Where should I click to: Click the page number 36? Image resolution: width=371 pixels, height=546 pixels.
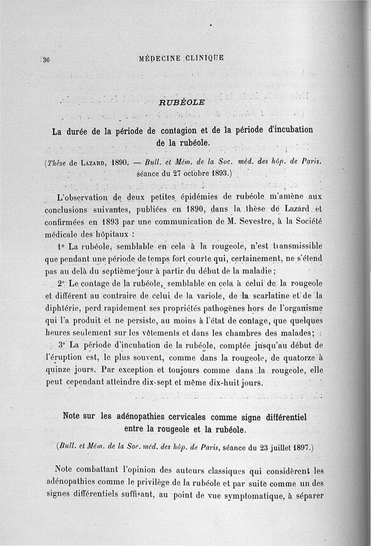click(46, 59)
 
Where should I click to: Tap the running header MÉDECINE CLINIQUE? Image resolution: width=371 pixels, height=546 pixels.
click(181, 58)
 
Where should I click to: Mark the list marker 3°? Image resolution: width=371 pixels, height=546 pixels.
click(63, 345)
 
